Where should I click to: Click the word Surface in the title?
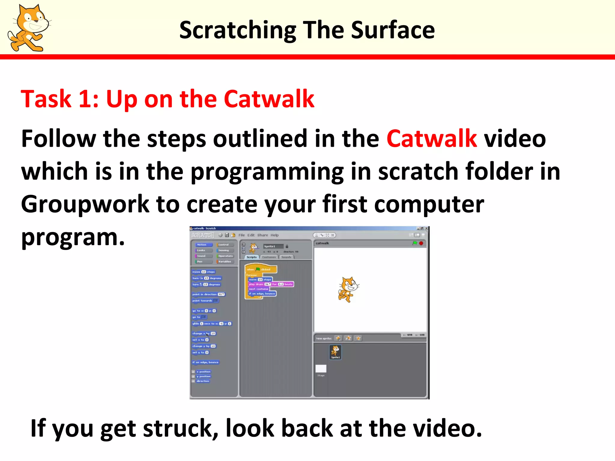[392, 30]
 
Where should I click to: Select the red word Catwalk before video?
[432, 139]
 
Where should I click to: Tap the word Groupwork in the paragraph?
[85, 204]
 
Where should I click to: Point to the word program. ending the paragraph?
[73, 238]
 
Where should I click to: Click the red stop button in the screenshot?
[421, 243]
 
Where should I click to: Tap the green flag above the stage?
[415, 243]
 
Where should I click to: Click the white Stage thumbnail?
[321, 369]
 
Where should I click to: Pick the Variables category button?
[225, 261]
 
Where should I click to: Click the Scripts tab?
[252, 257]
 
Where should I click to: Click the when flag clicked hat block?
[260, 269]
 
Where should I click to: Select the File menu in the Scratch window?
[241, 235]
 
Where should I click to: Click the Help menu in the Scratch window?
[274, 235]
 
